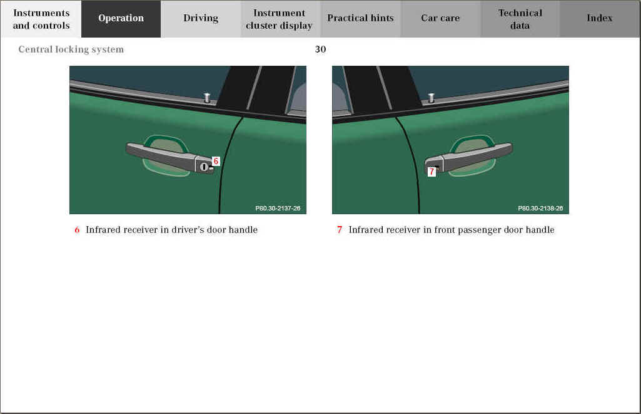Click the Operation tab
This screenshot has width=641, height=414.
click(x=121, y=19)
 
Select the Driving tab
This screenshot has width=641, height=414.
click(x=201, y=19)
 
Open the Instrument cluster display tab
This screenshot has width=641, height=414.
click(x=280, y=19)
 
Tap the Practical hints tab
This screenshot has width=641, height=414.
click(x=360, y=19)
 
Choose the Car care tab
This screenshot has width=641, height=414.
click(x=440, y=19)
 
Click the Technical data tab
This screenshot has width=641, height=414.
click(x=520, y=19)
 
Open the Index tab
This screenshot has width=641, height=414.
click(x=600, y=19)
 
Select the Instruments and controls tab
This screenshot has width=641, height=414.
click(x=41, y=19)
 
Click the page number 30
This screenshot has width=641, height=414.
click(x=320, y=49)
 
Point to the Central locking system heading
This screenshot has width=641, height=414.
click(x=71, y=49)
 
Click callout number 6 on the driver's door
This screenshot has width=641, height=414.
click(x=216, y=162)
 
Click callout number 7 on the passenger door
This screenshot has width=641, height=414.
click(x=432, y=172)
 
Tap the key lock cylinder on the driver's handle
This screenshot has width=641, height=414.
click(x=204, y=167)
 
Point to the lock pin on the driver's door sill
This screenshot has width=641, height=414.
click(x=207, y=98)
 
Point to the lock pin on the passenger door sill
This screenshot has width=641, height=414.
click(x=431, y=98)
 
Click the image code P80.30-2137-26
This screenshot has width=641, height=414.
click(x=278, y=208)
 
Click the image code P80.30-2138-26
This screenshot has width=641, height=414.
click(x=540, y=208)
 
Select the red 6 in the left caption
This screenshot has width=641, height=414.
click(x=77, y=230)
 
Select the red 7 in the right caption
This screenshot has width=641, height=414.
click(x=340, y=230)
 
